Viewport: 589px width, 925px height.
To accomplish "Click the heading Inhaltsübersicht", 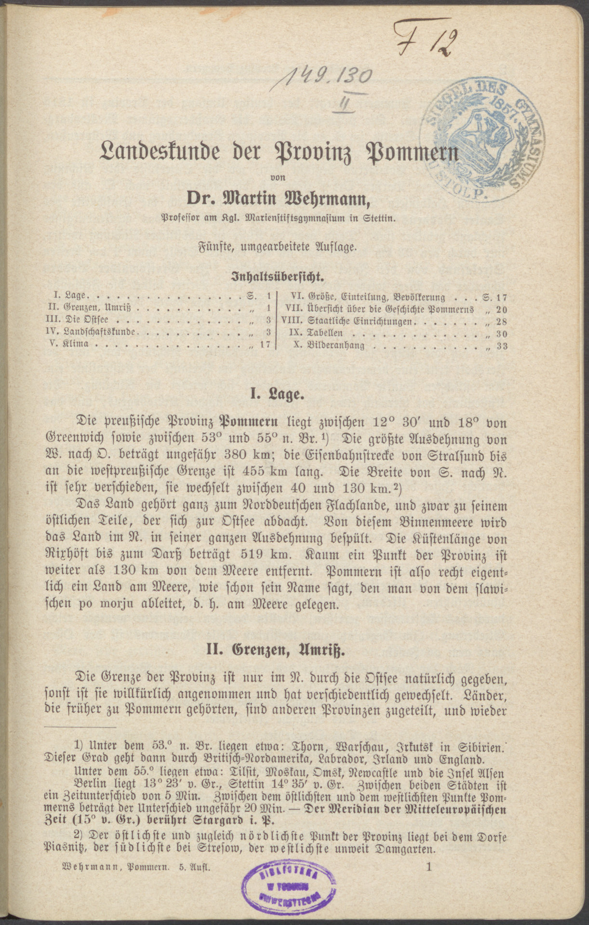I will (x=278, y=277).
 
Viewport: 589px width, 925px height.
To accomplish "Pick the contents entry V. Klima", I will (x=72, y=345).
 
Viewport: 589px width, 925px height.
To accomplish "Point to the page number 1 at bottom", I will (x=428, y=867).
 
